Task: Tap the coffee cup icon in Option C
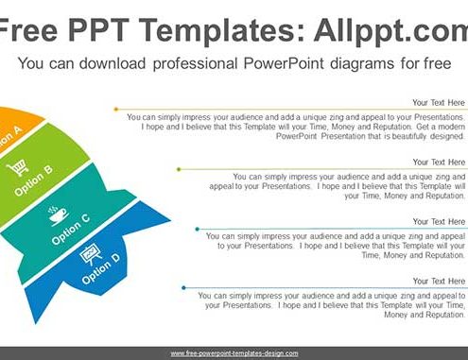pyautogui.click(x=58, y=215)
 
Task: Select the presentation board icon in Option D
pyautogui.click(x=91, y=254)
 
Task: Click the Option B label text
pyautogui.click(x=34, y=180)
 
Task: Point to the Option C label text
pyautogui.click(x=71, y=229)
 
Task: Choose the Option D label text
pyautogui.click(x=101, y=268)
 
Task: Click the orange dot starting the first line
pyautogui.click(x=116, y=110)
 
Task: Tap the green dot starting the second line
pyautogui.click(x=179, y=169)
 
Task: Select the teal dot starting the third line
pyautogui.click(x=198, y=229)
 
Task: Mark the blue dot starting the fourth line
pyautogui.click(x=183, y=287)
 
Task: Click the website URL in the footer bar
pyautogui.click(x=234, y=353)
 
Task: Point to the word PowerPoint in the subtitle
pyautogui.click(x=284, y=63)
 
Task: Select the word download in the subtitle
pyautogui.click(x=113, y=63)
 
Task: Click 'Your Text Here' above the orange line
pyautogui.click(x=439, y=103)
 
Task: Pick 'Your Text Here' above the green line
pyautogui.click(x=439, y=163)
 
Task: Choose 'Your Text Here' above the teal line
pyautogui.click(x=439, y=222)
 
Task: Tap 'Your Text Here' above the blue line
pyautogui.click(x=439, y=282)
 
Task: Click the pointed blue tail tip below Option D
pyautogui.click(x=36, y=323)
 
